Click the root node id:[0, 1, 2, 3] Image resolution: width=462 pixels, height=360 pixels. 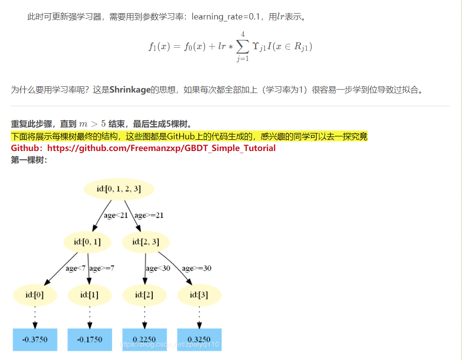[119, 189]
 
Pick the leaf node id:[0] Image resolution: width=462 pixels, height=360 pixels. [35, 295]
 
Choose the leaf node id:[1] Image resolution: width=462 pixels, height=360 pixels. [90, 295]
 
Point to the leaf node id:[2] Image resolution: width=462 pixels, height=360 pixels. [144, 295]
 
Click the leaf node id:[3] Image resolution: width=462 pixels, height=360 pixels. [199, 295]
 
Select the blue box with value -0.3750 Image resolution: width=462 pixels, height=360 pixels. [35, 340]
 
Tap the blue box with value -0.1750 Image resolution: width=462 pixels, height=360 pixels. [90, 340]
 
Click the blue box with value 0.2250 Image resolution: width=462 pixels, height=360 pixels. [144, 340]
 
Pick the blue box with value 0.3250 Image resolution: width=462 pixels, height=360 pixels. [199, 340]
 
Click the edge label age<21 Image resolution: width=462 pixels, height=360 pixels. [116, 215]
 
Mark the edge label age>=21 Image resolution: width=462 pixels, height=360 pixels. [149, 215]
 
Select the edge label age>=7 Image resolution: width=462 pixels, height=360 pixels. [102, 268]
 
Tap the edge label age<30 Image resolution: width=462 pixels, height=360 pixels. [158, 268]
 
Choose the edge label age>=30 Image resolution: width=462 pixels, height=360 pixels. [197, 268]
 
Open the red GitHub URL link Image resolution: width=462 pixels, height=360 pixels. [161, 148]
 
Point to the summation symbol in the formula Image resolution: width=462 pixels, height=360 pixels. [242, 46]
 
